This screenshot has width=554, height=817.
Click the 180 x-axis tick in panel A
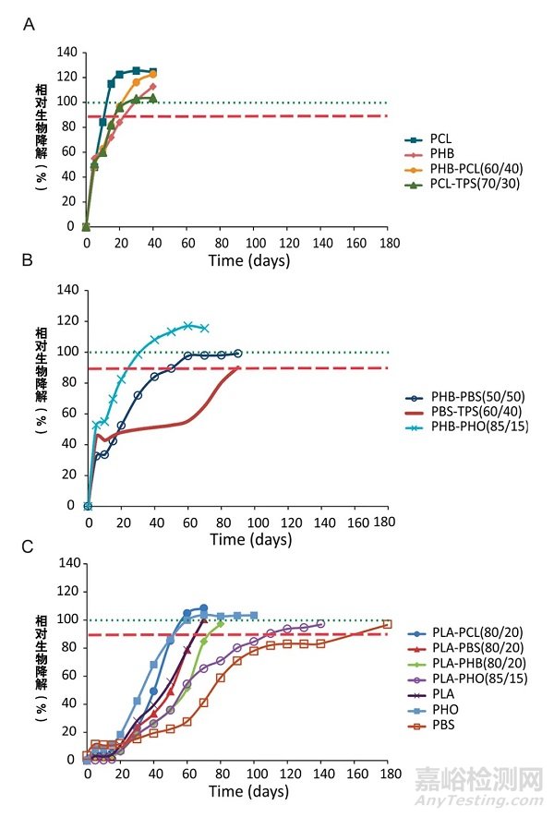pyautogui.click(x=388, y=243)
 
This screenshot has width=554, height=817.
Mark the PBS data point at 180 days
pyautogui.click(x=387, y=625)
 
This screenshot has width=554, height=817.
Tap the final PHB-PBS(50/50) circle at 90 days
pyautogui.click(x=237, y=353)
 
